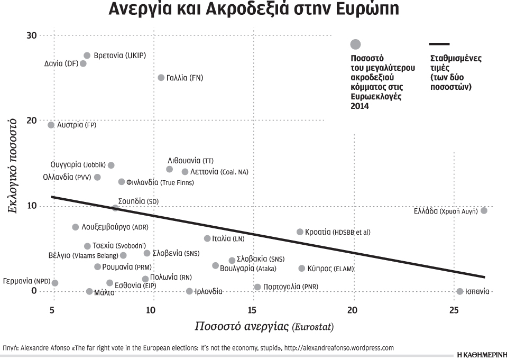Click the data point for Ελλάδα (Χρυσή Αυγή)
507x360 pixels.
pos(484,210)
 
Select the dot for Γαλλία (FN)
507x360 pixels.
pos(161,78)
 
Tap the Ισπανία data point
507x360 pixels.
pos(460,291)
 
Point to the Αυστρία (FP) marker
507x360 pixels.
pos(51,125)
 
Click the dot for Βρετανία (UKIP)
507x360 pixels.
pos(87,56)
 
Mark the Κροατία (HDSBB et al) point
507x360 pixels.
pos(300,232)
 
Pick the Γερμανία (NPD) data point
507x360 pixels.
pos(55,283)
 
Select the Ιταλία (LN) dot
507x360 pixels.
pos(207,238)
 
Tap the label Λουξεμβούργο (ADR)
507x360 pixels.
pos(111,227)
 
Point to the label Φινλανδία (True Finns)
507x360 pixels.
pos(160,182)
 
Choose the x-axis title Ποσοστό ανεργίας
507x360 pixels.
pos(243,326)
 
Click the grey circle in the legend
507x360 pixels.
pos(356,44)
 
